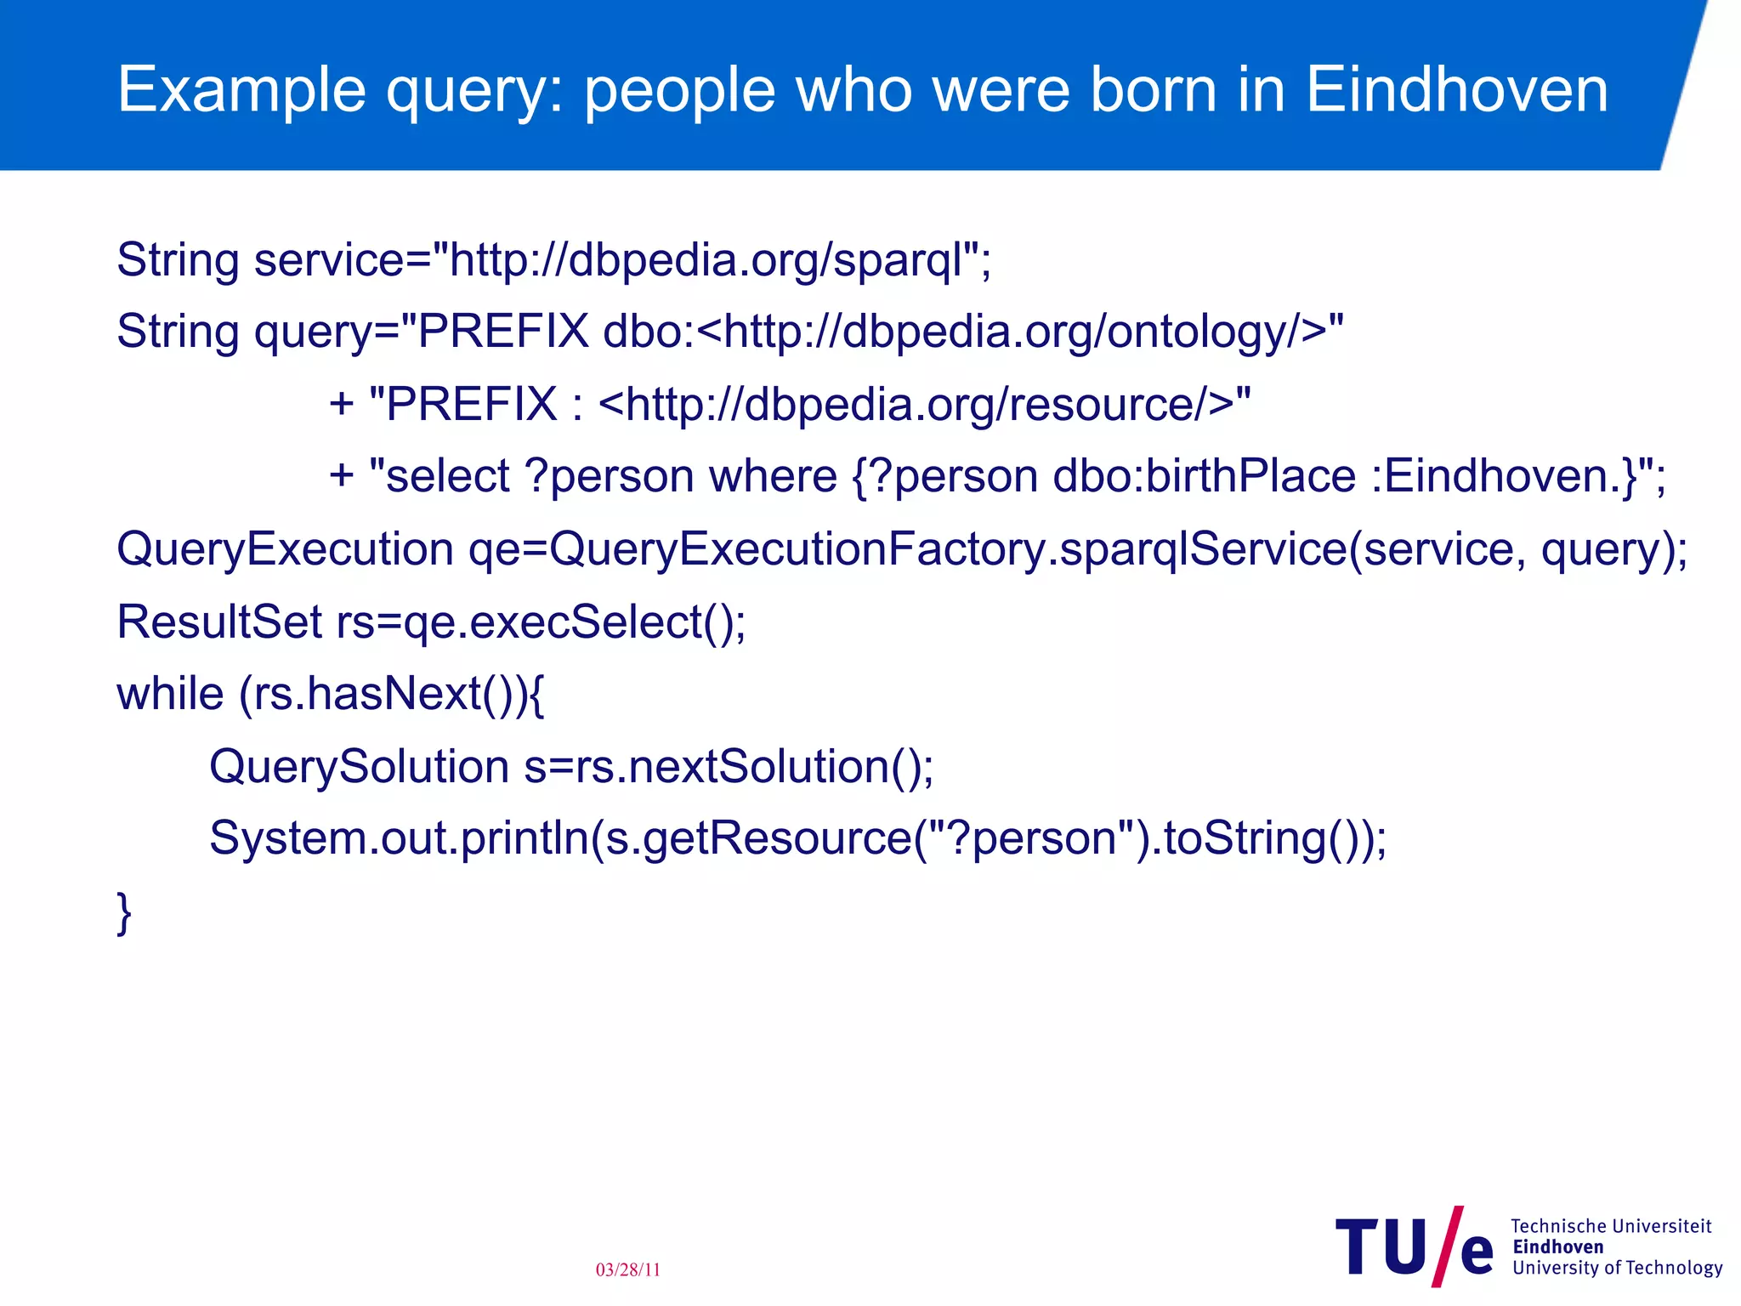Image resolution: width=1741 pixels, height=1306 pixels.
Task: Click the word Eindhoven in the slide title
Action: coord(1456,89)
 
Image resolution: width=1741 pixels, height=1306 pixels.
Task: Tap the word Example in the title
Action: coord(241,89)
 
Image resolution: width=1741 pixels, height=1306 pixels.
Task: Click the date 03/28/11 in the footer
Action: coord(628,1269)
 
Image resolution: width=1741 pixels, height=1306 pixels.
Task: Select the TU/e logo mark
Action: coord(1414,1247)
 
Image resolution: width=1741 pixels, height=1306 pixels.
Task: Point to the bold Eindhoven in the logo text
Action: coord(1558,1247)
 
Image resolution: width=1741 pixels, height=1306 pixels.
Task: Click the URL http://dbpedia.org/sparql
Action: coord(706,259)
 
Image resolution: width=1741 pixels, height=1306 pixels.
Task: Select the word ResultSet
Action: coord(219,622)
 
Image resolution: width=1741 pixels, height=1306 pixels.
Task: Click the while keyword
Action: coord(170,694)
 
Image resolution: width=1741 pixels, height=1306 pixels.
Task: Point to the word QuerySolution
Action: coord(359,766)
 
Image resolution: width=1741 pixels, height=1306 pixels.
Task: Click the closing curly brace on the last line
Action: coord(124,912)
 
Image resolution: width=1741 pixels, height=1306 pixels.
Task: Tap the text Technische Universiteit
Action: coord(1611,1226)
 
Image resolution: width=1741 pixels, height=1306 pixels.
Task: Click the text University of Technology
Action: coord(1617,1268)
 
